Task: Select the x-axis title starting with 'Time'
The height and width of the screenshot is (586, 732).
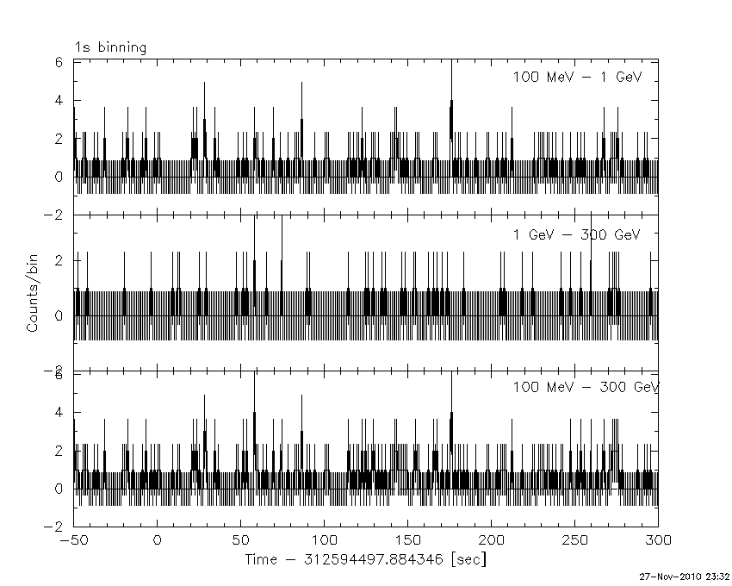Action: pyautogui.click(x=365, y=560)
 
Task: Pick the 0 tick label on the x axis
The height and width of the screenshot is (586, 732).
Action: pyautogui.click(x=157, y=540)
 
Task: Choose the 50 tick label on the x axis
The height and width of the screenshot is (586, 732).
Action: pyautogui.click(x=240, y=540)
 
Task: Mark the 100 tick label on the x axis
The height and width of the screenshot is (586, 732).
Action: pyautogui.click(x=324, y=540)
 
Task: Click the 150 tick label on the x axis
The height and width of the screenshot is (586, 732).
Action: pyautogui.click(x=407, y=540)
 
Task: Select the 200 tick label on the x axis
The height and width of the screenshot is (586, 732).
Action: pyautogui.click(x=491, y=540)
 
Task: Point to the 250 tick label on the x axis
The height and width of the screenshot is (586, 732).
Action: pyautogui.click(x=574, y=540)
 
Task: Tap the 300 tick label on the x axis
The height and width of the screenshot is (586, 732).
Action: pyautogui.click(x=658, y=540)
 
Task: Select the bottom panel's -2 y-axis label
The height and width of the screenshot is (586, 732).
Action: pyautogui.click(x=56, y=527)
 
